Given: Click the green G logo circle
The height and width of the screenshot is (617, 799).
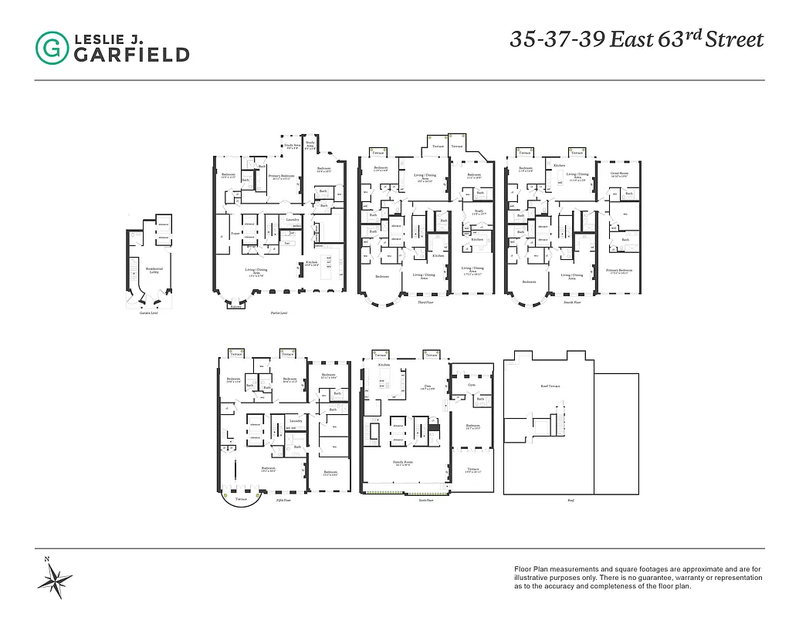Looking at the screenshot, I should pyautogui.click(x=52, y=47).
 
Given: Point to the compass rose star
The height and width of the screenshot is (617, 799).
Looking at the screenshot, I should pyautogui.click(x=56, y=577).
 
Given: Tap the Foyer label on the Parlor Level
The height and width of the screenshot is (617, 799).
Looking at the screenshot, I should pyautogui.click(x=235, y=232).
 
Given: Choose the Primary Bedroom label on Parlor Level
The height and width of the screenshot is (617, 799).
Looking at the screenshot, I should pyautogui.click(x=282, y=177).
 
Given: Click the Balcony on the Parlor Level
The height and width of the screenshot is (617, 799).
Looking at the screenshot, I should pyautogui.click(x=235, y=307).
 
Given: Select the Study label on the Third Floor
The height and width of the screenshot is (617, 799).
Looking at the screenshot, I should pyautogui.click(x=479, y=211).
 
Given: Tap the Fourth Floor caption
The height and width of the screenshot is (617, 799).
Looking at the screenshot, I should pyautogui.click(x=572, y=303).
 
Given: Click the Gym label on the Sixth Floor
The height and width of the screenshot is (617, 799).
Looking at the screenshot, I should pyautogui.click(x=472, y=383).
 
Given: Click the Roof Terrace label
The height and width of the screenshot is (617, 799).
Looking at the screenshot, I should pyautogui.click(x=550, y=385).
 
